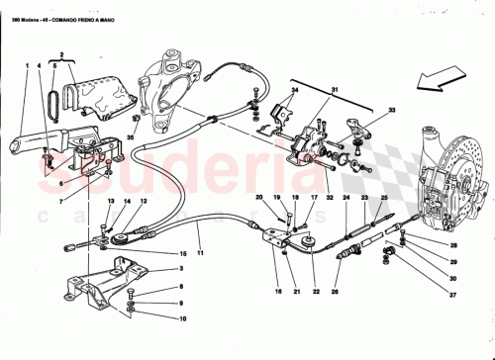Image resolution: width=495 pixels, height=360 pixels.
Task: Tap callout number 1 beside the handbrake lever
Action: coord(26,66)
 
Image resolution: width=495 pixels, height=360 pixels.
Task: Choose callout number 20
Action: coord(258,199)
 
